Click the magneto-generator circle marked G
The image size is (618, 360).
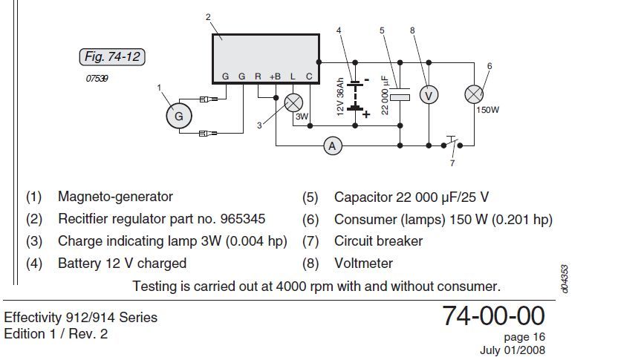(x=178, y=116)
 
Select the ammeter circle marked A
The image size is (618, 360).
(x=332, y=146)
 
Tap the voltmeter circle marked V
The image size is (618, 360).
(x=427, y=94)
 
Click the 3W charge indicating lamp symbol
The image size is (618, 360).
(x=295, y=102)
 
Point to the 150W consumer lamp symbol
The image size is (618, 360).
(x=474, y=94)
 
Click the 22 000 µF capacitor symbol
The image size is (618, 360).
(x=400, y=96)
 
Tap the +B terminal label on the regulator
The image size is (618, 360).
(x=275, y=76)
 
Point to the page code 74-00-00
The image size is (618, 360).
(x=493, y=316)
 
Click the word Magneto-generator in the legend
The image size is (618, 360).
(x=115, y=197)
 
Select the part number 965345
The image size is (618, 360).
(x=240, y=219)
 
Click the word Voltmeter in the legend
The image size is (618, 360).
(x=363, y=263)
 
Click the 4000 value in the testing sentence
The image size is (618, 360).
(x=296, y=286)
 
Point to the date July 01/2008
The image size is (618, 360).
(x=513, y=350)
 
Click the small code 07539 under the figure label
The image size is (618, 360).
(x=97, y=78)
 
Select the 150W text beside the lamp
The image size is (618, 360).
(x=487, y=110)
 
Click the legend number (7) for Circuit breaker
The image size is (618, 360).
(x=310, y=241)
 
